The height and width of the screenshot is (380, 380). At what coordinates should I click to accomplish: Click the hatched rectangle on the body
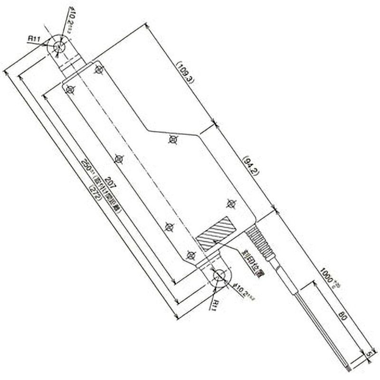coord(216,234)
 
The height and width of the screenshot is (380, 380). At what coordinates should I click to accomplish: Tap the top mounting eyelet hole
coord(59,47)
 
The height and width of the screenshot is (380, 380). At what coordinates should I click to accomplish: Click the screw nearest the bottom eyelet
coord(190,255)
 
